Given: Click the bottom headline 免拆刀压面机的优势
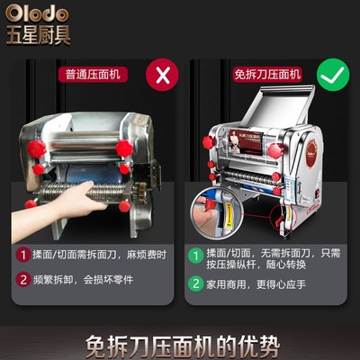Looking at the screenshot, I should point(180,344).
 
